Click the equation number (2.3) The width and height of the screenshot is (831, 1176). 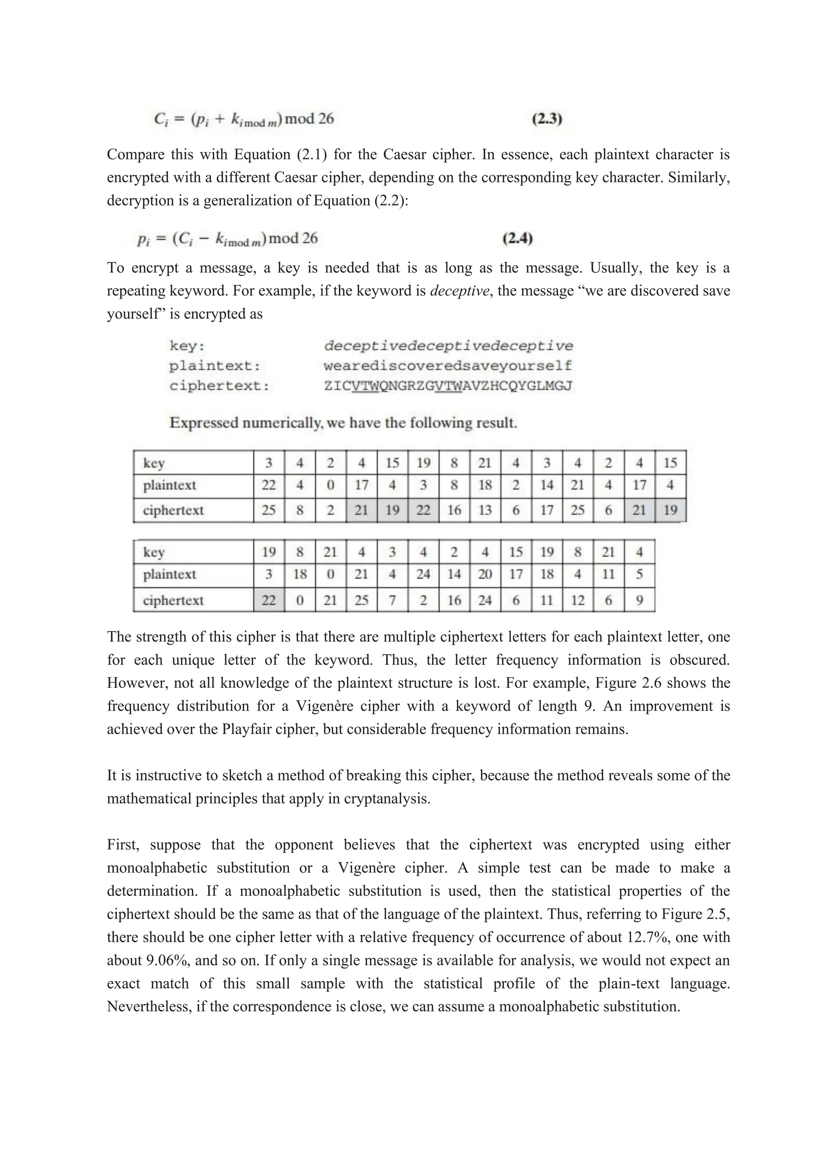547,119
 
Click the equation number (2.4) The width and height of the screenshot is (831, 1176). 517,238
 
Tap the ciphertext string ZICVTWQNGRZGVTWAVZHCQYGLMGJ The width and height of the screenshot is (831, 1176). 448,386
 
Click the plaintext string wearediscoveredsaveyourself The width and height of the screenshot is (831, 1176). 448,366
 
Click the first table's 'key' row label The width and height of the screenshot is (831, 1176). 153,463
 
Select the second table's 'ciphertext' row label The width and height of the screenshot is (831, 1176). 173,600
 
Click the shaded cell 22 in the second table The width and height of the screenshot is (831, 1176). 269,600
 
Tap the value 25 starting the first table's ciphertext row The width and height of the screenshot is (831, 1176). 269,510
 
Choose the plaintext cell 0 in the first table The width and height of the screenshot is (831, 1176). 331,485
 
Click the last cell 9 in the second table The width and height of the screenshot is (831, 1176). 639,600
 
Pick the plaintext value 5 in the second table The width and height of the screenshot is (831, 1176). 639,574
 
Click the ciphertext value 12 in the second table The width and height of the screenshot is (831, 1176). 577,600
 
